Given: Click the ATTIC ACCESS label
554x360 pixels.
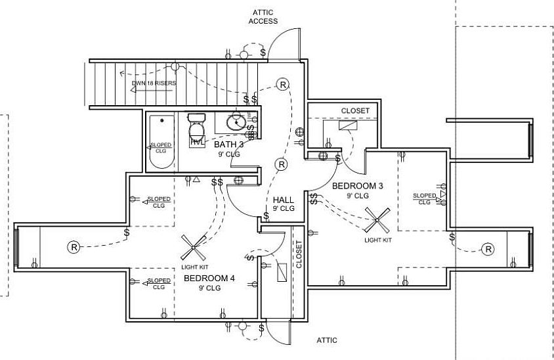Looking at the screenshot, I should tap(263, 16).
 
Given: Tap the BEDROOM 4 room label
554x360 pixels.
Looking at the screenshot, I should tap(209, 279).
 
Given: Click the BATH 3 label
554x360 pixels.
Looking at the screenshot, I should tap(229, 145).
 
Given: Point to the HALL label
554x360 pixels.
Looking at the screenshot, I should tap(284, 200).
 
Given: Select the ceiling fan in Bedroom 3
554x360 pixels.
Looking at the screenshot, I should tap(377, 219).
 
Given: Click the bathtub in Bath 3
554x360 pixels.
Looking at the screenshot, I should tap(161, 141).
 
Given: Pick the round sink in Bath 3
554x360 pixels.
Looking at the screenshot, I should tap(237, 122).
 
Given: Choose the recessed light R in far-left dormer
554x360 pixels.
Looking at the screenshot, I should tap(73, 247).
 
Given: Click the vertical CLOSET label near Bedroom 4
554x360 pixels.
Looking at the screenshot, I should tap(299, 254).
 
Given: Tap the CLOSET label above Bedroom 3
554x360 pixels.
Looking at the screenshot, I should tap(355, 110).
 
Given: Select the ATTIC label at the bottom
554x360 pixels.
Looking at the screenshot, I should tap(328, 340).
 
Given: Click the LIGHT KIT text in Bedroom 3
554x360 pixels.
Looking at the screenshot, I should tap(378, 240).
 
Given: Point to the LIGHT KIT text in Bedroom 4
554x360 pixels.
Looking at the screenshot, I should tap(195, 267).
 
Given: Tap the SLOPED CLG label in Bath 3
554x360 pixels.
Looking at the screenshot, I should tap(161, 147).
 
